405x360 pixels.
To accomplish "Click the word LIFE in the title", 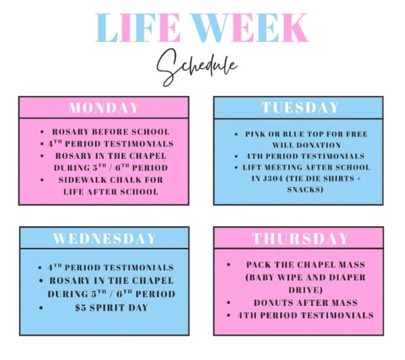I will point(139,28).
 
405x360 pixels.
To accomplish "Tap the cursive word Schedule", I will point(196,67).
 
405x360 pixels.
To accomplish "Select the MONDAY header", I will point(104,108).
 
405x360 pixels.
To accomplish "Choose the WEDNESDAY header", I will point(104,238).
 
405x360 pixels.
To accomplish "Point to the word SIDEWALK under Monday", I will point(84,179).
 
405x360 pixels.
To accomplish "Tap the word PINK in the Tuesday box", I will point(256,134).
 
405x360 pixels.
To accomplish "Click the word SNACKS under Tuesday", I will point(298,190).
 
